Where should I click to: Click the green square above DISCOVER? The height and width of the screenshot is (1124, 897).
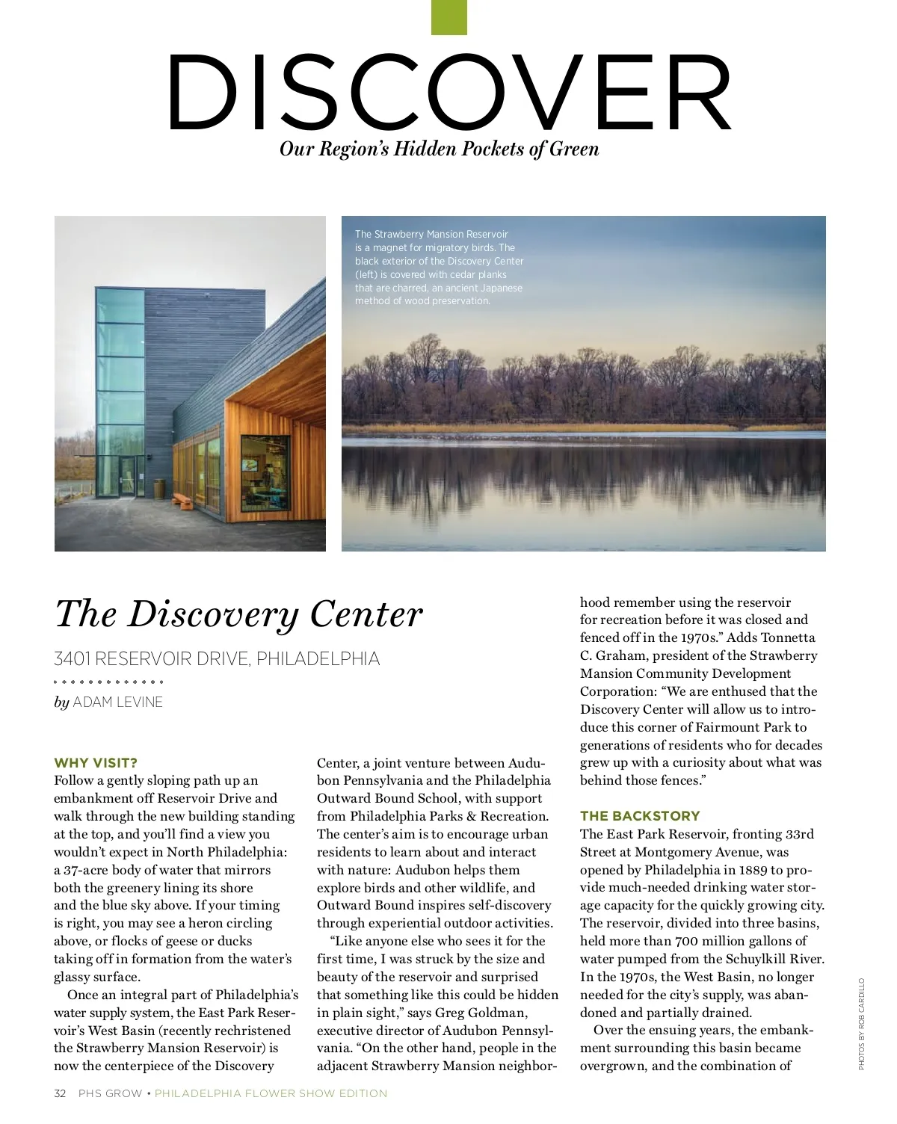(449, 17)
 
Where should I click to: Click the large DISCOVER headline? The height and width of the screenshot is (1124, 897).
(449, 93)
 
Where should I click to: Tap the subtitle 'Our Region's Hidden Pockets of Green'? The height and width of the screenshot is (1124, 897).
(439, 149)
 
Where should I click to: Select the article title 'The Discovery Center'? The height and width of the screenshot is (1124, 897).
(238, 614)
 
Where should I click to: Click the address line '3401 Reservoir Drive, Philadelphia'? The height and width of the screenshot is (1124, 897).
(217, 658)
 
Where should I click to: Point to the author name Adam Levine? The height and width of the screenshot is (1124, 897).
(117, 702)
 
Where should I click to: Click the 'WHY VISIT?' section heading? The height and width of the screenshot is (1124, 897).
(96, 763)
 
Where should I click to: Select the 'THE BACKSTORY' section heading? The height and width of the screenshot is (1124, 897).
(640, 816)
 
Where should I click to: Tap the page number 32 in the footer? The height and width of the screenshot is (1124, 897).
(60, 1093)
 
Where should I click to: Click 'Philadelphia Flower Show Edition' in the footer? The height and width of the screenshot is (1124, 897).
(271, 1093)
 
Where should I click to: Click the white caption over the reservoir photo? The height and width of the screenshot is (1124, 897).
(439, 268)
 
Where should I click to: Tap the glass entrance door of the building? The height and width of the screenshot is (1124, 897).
(127, 476)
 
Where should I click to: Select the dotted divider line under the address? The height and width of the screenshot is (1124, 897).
(108, 682)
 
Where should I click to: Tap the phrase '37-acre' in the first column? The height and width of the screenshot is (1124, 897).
(86, 870)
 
